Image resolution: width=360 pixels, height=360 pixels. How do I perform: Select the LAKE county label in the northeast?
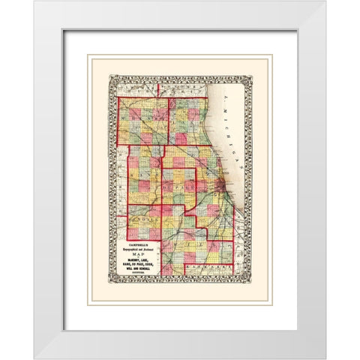point(191,120)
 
